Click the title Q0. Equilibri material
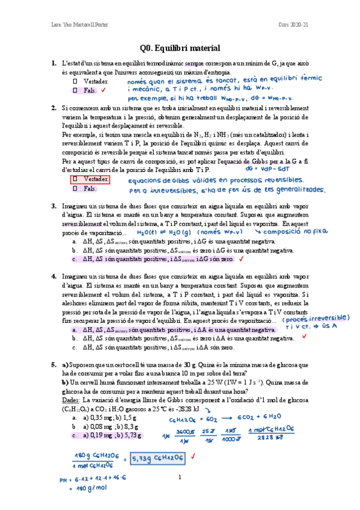point(180,48)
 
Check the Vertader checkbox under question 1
point(75,81)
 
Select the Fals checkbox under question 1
point(75,90)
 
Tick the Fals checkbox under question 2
point(75,188)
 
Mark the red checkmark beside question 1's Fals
point(104,90)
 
